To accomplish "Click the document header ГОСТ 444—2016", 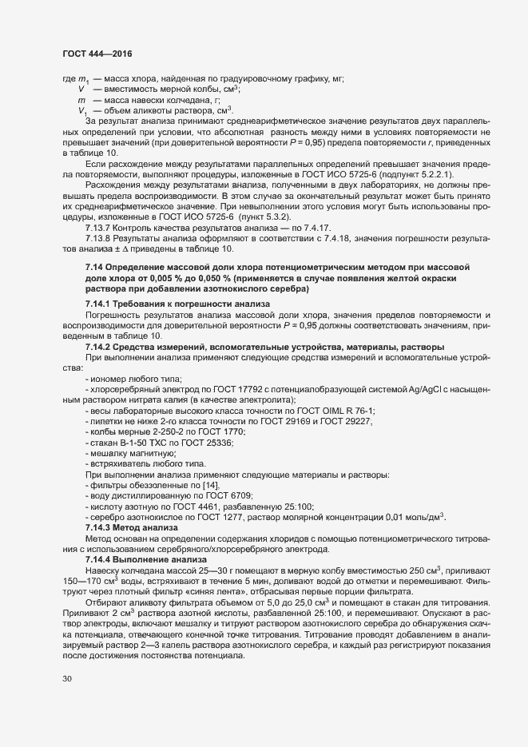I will pos(97,54).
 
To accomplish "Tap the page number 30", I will pos(68,679).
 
